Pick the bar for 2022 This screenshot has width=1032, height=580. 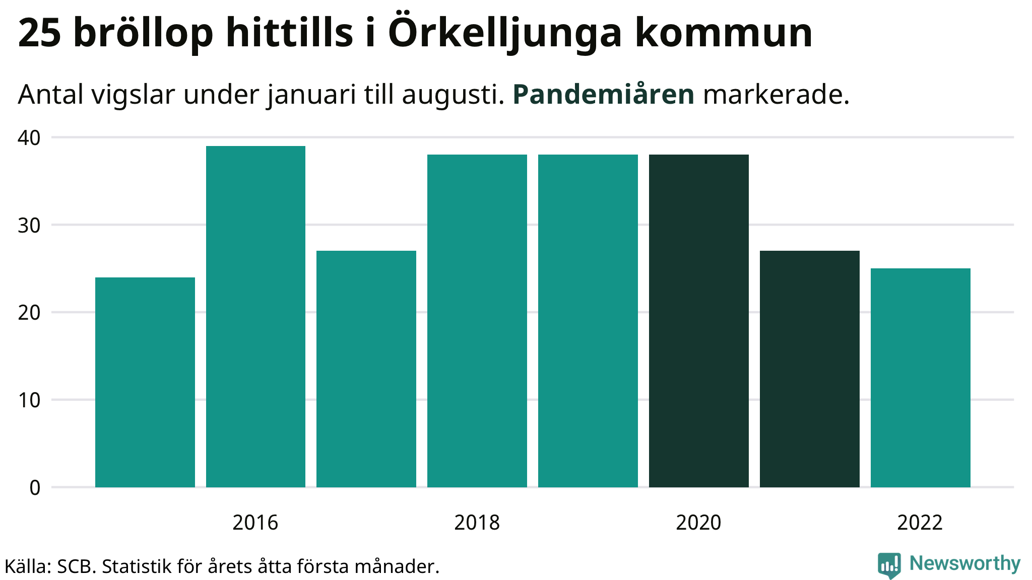920,378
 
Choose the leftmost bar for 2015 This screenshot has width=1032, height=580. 145,382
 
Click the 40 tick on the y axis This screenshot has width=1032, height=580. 29,138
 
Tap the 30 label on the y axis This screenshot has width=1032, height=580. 29,226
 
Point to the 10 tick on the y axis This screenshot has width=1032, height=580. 29,401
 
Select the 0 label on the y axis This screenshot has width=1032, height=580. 35,488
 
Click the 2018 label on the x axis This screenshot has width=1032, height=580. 477,523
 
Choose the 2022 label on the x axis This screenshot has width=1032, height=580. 920,523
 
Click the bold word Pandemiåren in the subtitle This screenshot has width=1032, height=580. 603,94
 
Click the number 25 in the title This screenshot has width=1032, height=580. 40,33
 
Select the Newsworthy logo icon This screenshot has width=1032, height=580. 889,565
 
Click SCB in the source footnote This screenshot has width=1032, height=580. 76,566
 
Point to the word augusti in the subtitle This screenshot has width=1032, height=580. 453,94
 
